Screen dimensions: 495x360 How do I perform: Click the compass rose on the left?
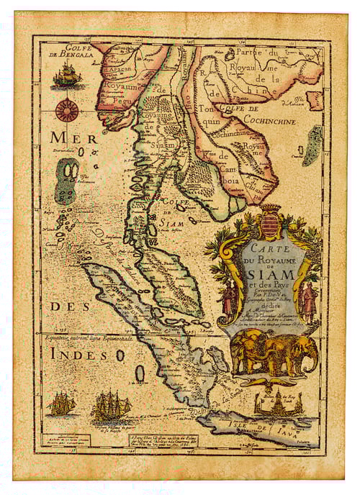[68, 109]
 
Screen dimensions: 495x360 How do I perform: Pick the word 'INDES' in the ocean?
[79, 353]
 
